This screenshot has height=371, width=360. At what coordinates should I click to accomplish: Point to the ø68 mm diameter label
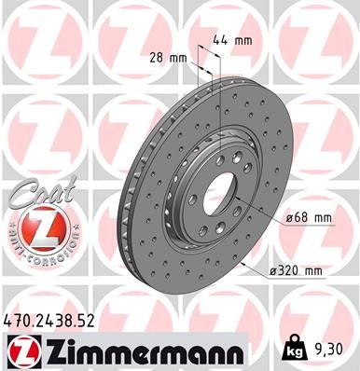pyautogui.click(x=308, y=218)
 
